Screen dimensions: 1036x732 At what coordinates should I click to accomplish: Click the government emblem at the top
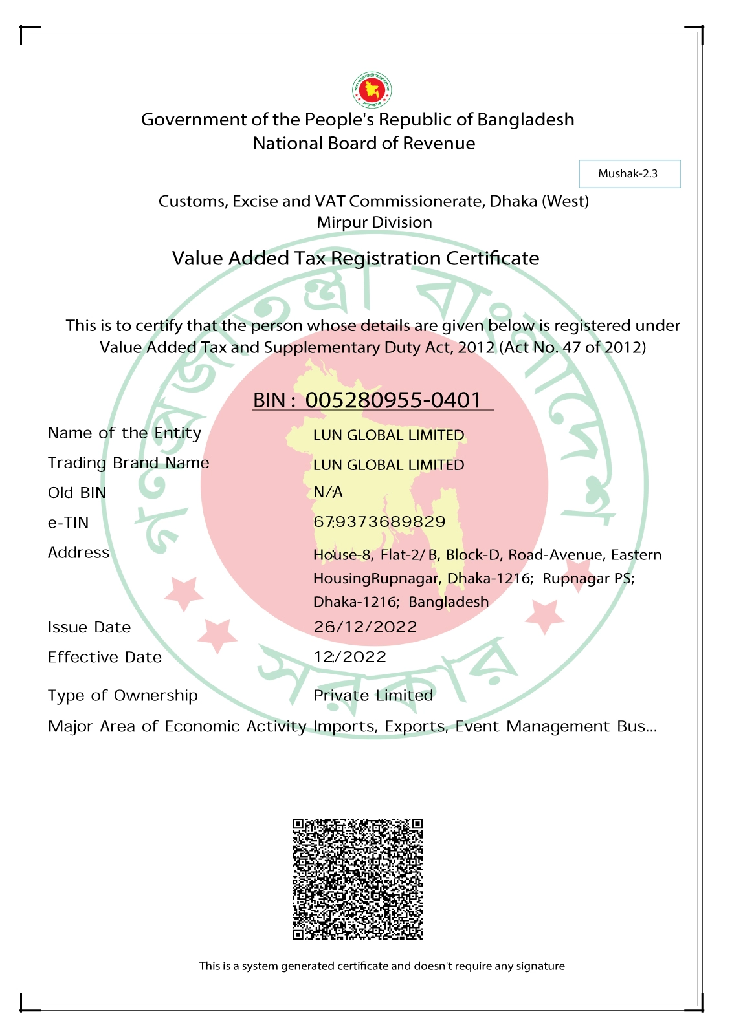pos(372,90)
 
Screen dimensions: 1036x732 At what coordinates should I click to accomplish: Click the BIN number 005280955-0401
pos(393,400)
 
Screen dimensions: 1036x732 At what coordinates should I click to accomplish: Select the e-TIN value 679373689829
pos(379,522)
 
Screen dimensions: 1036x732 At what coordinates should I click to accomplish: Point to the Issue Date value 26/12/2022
pos(365,627)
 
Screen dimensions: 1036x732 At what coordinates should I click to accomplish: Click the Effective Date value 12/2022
pos(349,657)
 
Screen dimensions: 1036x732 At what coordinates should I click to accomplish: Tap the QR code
pos(357,879)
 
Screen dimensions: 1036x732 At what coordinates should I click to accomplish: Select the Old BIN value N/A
pos(328,492)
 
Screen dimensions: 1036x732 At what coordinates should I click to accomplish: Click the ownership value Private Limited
pos(373,696)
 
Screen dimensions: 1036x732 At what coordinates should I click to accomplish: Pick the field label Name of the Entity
pos(124,433)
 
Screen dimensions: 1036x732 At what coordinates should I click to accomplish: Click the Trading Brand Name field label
pos(128,463)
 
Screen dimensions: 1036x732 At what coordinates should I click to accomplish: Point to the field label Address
pos(78,553)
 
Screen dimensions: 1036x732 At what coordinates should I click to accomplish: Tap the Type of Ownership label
pos(122,696)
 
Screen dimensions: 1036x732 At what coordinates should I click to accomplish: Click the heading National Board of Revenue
pos(364,144)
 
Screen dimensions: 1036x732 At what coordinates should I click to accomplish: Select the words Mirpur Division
pos(374,222)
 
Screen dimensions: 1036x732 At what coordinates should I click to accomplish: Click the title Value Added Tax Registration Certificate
pos(355,259)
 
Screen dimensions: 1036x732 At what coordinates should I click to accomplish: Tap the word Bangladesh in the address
pos(449,602)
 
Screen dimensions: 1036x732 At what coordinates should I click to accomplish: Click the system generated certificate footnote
pos(382,966)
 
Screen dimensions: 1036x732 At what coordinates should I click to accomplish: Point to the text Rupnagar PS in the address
pos(587,579)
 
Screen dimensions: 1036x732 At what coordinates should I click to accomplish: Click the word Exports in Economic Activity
pos(414,727)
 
